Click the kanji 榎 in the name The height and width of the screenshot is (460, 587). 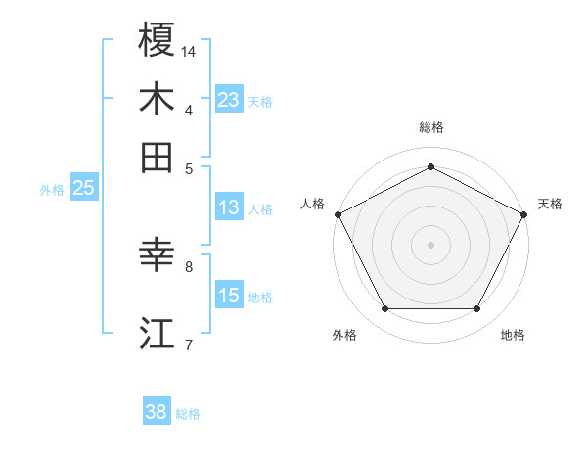click(157, 40)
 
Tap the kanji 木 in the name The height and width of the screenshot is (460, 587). click(157, 99)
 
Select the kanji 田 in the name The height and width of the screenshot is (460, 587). click(157, 157)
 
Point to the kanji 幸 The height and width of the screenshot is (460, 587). click(157, 256)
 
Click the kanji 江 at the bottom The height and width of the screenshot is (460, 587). click(157, 333)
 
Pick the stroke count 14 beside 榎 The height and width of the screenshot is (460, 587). click(190, 51)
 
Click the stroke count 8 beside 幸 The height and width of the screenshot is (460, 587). click(189, 265)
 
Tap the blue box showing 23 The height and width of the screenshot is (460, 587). click(229, 99)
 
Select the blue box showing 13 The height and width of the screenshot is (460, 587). click(229, 207)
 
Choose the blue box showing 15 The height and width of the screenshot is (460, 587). click(229, 295)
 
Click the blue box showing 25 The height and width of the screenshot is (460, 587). click(83, 188)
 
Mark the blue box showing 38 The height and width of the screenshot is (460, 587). click(157, 412)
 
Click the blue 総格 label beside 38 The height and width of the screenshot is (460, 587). click(188, 414)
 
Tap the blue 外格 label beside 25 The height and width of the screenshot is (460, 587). click(52, 190)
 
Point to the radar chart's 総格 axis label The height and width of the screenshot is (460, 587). click(431, 127)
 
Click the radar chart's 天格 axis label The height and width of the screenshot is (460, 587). click(551, 204)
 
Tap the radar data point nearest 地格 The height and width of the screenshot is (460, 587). click(477, 309)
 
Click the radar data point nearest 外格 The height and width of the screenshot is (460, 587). click(384, 309)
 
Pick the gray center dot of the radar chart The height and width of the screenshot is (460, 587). click(431, 244)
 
